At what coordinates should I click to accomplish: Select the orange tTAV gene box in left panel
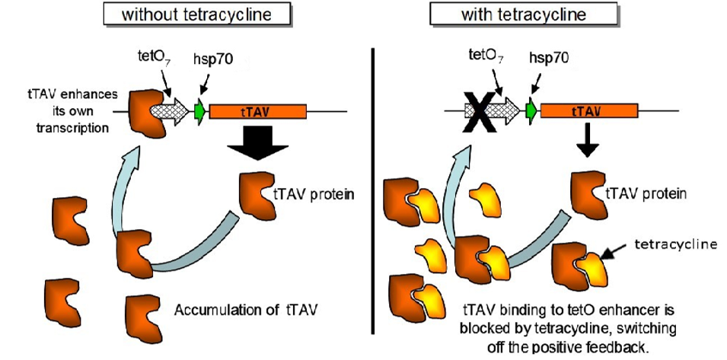(257, 112)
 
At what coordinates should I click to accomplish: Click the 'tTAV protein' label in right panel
(646, 193)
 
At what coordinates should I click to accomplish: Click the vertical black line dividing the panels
(372, 190)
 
